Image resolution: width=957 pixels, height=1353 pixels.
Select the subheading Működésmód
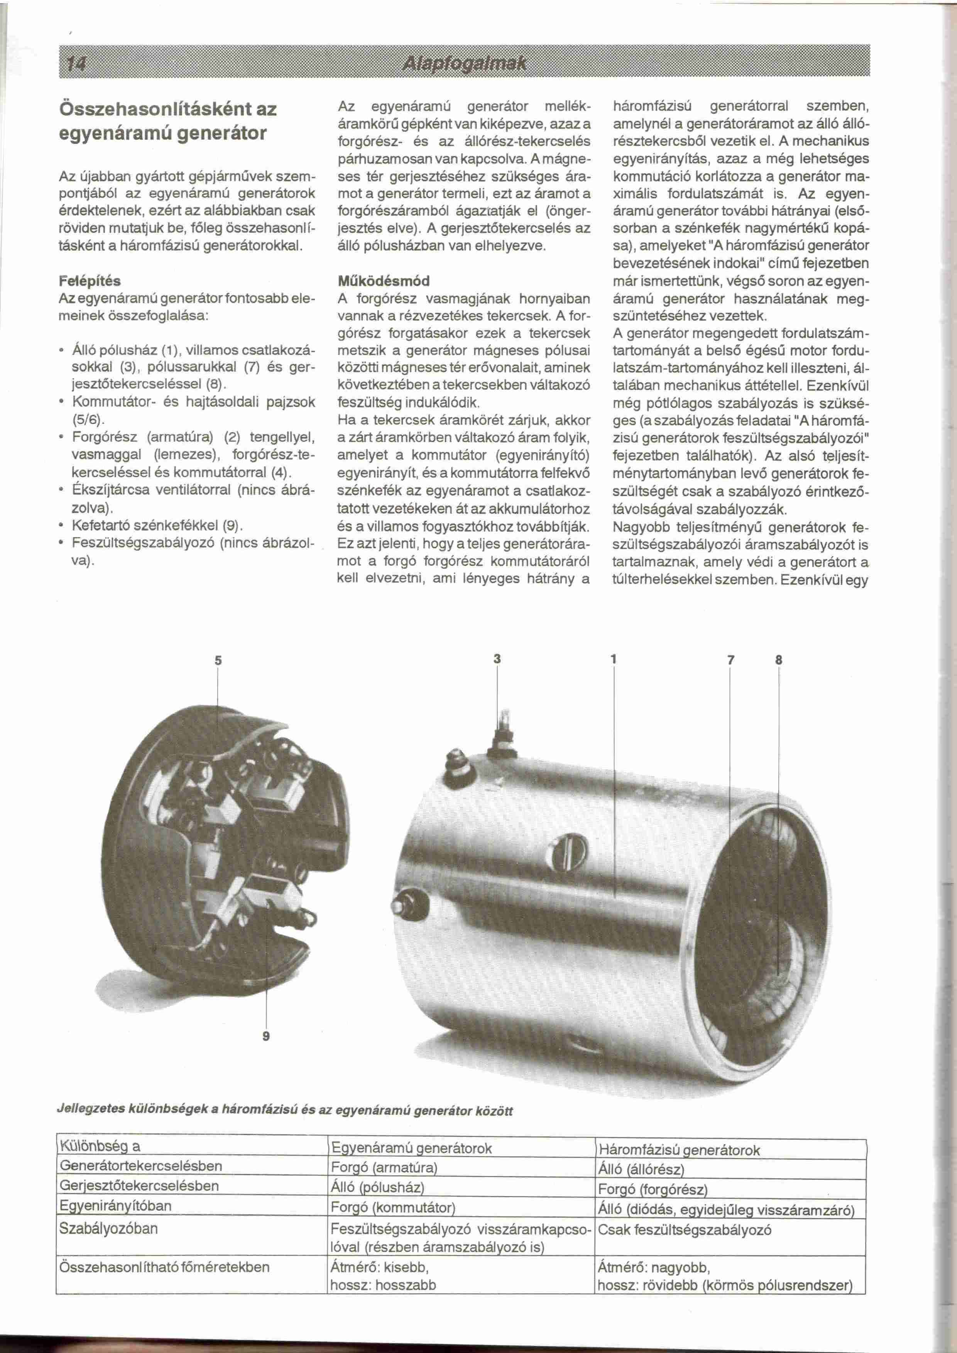383,280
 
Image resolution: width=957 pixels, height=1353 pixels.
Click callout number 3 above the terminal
497,658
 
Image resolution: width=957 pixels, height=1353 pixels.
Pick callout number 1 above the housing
614,659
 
